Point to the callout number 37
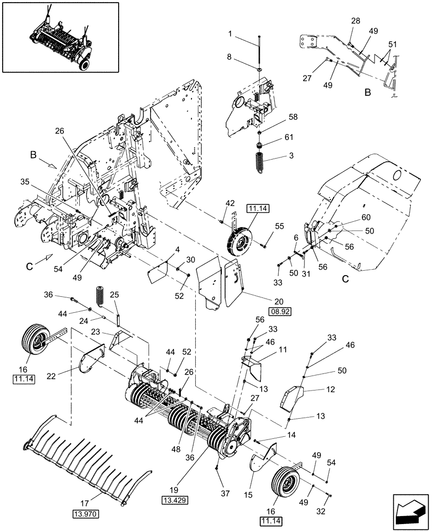[x=225, y=493]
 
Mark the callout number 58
[x=293, y=117]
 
